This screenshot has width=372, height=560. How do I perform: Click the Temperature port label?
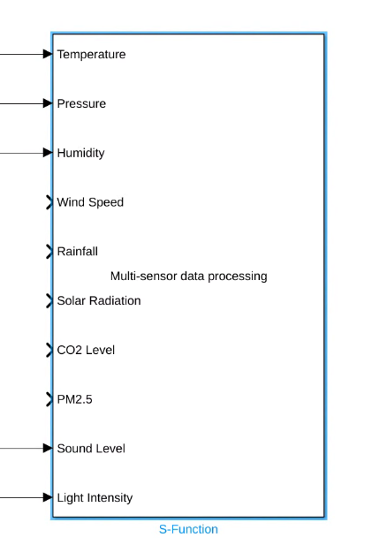[91, 55]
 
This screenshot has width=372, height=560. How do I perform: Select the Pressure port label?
[81, 104]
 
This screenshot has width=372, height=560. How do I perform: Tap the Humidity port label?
[80, 153]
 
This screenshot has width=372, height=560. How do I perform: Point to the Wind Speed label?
[90, 202]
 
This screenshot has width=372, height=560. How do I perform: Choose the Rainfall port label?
[78, 252]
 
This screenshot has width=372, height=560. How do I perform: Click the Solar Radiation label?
[98, 301]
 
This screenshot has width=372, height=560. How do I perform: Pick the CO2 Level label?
[86, 351]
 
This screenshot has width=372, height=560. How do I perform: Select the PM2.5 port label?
[74, 399]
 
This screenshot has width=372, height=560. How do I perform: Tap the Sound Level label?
[91, 449]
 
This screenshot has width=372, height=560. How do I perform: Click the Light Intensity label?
[95, 498]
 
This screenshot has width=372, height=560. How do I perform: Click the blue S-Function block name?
[188, 530]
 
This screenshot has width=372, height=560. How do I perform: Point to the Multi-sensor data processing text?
[188, 276]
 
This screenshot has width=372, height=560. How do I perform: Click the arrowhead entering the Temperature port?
[48, 54]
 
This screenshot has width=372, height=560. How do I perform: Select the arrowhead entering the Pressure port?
[48, 103]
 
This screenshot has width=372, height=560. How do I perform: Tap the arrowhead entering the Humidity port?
[48, 153]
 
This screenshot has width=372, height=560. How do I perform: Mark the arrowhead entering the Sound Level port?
[48, 449]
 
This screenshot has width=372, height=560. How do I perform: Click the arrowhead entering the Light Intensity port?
[48, 497]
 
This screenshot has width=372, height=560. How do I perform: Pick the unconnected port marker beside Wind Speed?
[49, 202]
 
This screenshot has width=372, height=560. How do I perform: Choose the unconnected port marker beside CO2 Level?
[49, 350]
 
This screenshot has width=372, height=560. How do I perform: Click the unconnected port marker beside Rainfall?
[49, 252]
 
